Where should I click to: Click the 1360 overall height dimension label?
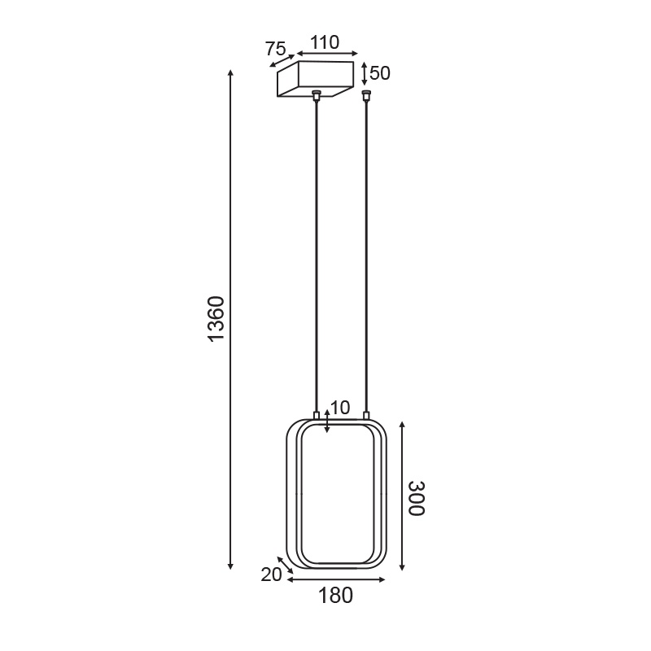coord(216,319)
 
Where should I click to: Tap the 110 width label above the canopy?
coord(325,42)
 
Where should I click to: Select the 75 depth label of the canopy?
coord(275,49)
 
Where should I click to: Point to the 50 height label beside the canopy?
coord(380,73)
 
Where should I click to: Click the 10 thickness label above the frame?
coord(340,409)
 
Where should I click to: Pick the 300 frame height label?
coord(417,498)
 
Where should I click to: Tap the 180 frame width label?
coord(335,596)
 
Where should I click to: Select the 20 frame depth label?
coord(271,575)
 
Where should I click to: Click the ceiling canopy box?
coord(316,79)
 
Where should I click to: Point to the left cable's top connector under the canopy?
coord(317,95)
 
